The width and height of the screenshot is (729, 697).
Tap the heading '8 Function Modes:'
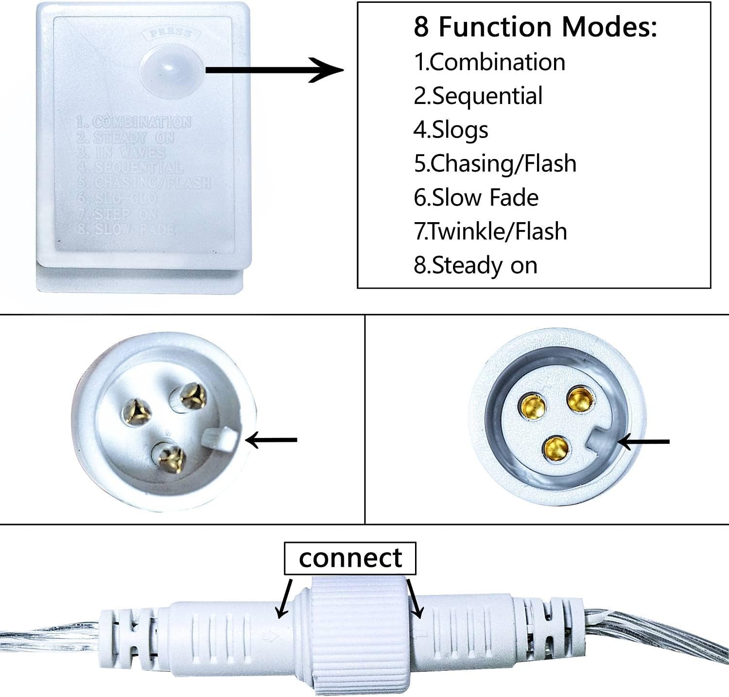point(535,27)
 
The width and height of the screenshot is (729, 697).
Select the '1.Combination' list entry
point(489,62)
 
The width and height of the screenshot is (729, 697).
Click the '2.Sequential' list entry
point(478,96)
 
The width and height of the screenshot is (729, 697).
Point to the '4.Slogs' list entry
point(451,130)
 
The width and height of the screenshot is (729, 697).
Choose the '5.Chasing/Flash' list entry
point(495,163)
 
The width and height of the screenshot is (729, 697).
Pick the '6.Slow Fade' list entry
point(476,197)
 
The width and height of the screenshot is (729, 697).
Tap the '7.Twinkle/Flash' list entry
point(490,231)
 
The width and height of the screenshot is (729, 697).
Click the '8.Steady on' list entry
point(475,265)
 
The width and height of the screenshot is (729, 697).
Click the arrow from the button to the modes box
point(275,70)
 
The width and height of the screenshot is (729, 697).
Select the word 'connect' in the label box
point(350,558)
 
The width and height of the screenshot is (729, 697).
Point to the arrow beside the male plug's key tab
point(272,440)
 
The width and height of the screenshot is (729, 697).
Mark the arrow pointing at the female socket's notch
point(644,442)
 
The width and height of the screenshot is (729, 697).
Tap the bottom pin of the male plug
point(169,457)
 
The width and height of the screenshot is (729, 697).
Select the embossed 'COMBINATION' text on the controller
point(141,122)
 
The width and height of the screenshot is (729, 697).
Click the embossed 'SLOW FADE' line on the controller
point(133,229)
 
